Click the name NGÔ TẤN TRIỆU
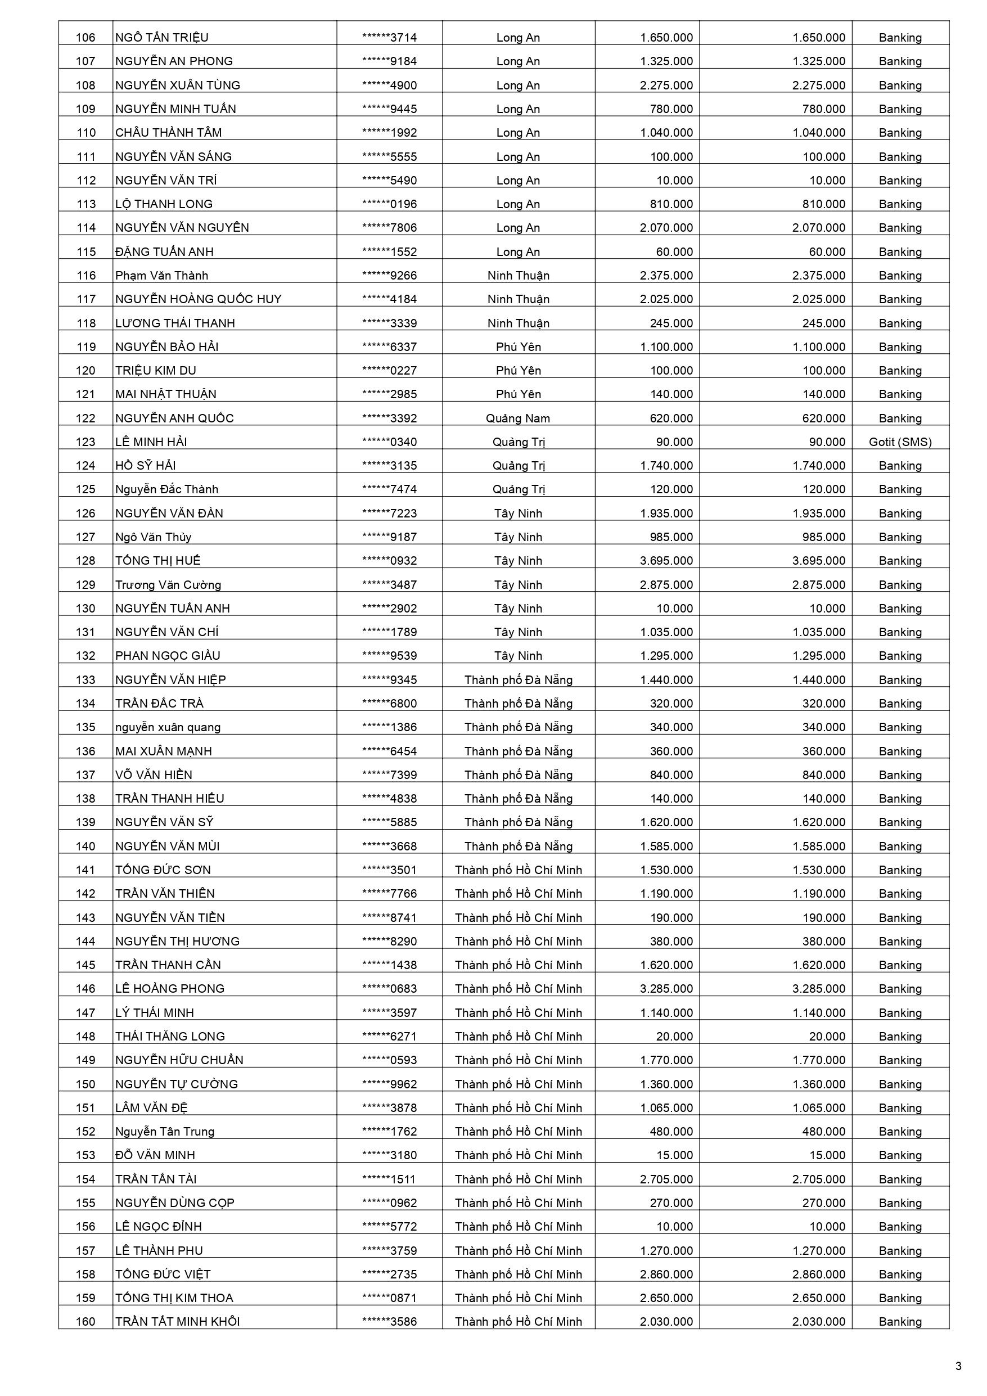[162, 38]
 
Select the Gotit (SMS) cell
[899, 442]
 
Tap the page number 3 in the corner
[958, 1366]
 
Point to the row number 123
[85, 442]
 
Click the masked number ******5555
[389, 157]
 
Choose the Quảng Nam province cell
[517, 418]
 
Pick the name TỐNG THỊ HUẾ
[157, 561]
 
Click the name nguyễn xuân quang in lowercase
[168, 727]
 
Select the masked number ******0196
[389, 204]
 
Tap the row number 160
[85, 1321]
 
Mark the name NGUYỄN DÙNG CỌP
[174, 1203]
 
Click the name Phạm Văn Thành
[162, 276]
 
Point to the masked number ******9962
[389, 1084]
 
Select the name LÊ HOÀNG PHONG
[170, 989]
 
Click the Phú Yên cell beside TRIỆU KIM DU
[518, 370]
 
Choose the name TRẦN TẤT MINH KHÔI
[178, 1321]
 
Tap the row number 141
[85, 870]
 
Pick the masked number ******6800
[389, 704]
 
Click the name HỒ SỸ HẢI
[145, 466]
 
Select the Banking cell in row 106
[899, 38]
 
